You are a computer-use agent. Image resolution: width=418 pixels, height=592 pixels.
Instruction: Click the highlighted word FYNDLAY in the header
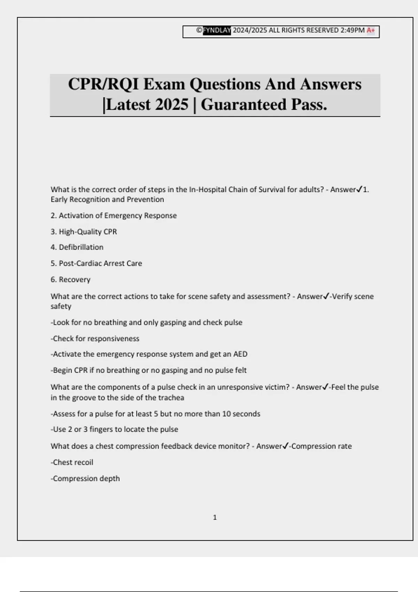(x=217, y=30)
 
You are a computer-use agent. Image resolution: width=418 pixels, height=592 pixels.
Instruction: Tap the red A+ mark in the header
(x=371, y=30)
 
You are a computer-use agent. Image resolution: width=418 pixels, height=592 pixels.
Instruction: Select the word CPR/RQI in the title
(x=103, y=84)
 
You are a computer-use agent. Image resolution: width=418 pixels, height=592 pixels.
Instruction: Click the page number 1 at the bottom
(x=215, y=517)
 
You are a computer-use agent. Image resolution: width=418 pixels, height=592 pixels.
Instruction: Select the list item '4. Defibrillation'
(x=77, y=247)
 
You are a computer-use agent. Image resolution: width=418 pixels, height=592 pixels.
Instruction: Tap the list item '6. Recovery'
(x=70, y=280)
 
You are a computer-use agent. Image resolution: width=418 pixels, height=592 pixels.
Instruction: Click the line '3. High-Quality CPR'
(x=84, y=232)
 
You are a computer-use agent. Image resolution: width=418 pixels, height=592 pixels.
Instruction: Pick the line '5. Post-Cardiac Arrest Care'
(x=96, y=263)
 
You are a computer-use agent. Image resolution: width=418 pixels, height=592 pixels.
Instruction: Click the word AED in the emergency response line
(x=240, y=354)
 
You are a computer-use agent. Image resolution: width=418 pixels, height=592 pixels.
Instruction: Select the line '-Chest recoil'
(x=72, y=462)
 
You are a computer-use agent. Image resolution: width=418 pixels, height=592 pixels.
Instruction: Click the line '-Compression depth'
(x=85, y=478)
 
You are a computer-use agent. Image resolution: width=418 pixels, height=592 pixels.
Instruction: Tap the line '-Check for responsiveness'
(x=95, y=338)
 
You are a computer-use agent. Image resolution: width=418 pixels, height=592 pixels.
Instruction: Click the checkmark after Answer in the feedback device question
(x=286, y=446)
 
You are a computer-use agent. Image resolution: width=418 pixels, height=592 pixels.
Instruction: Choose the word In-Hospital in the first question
(x=208, y=190)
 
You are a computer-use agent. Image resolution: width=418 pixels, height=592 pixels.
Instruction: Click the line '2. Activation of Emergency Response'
(x=114, y=216)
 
